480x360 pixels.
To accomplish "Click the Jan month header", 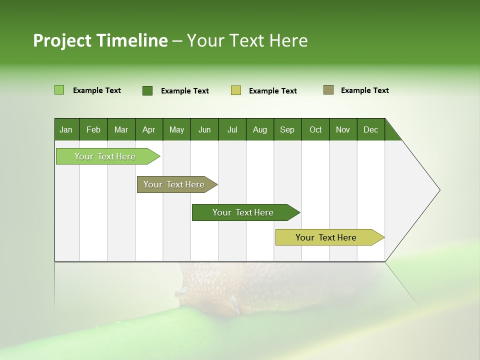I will point(66,129).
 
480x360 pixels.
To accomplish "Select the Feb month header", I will point(93,129).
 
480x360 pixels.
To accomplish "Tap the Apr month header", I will point(148,129).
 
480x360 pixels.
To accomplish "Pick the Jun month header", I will point(204,129).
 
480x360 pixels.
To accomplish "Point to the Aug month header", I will point(259,129).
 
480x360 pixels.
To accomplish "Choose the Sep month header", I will point(287,129).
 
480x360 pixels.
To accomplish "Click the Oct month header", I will point(315,129).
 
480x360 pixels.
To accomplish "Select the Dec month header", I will point(370,129).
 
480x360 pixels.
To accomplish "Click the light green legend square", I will point(59,90).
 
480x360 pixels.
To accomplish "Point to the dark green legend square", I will point(147,90).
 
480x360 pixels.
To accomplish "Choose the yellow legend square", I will point(236,90).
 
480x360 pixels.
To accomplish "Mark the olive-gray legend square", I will point(328,90).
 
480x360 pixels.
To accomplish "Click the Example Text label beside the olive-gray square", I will point(364,90).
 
